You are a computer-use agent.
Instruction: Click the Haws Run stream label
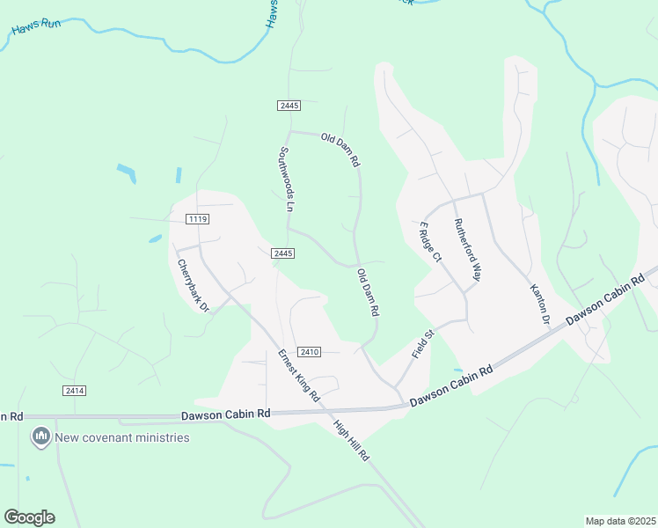[x=37, y=28]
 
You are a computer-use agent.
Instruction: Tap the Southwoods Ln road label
[x=286, y=180]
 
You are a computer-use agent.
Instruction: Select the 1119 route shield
[x=197, y=218]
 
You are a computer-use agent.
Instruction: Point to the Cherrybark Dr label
[x=193, y=285]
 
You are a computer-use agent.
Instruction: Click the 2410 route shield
[x=308, y=352]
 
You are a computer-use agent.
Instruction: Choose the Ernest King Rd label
[x=298, y=377]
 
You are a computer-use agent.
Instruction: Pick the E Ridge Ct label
[x=429, y=241]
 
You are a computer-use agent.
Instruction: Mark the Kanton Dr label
[x=538, y=304]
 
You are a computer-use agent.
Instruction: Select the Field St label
[x=424, y=343]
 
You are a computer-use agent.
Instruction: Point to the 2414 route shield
[x=74, y=390]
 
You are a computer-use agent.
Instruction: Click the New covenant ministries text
[x=122, y=437]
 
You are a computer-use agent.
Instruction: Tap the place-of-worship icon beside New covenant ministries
[x=40, y=436]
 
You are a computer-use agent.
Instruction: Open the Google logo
[x=29, y=517]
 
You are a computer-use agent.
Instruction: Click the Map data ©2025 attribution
[x=620, y=521]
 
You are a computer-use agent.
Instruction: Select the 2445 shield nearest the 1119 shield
[x=282, y=253]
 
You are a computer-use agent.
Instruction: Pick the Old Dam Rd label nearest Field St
[x=368, y=294]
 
